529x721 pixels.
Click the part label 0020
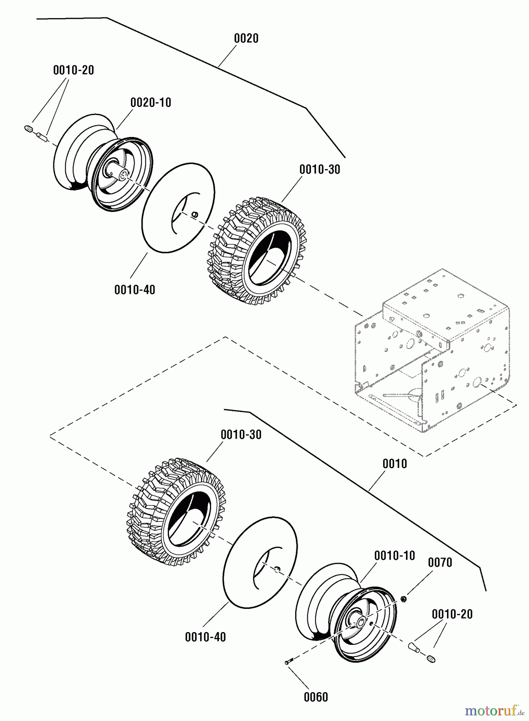point(246,38)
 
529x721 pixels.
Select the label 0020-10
point(151,103)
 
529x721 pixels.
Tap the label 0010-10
point(394,556)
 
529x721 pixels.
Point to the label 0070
point(440,562)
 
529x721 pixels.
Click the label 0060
point(316,697)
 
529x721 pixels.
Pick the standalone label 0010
point(394,464)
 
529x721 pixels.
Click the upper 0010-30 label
point(320,169)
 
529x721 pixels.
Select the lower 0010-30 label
point(241,435)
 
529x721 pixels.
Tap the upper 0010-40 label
point(135,290)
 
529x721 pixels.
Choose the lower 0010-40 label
point(205,637)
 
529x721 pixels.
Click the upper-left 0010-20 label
point(73,70)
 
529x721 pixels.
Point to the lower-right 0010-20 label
point(452,614)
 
